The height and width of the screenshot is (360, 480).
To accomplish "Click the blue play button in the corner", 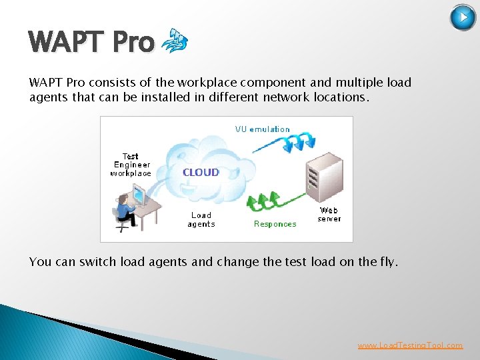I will pyautogui.click(x=463, y=17).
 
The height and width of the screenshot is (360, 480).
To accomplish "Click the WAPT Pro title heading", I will pyautogui.click(x=92, y=43).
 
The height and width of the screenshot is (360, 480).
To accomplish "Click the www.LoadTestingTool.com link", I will pyautogui.click(x=410, y=345).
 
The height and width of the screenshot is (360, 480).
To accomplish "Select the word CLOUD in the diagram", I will pyautogui.click(x=201, y=172).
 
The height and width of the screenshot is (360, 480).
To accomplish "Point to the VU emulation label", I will pyautogui.click(x=262, y=129).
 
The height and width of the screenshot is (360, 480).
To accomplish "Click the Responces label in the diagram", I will pyautogui.click(x=275, y=224).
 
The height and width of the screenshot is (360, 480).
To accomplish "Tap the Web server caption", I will pyautogui.click(x=329, y=215).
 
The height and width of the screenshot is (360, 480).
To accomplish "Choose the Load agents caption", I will pyautogui.click(x=201, y=219).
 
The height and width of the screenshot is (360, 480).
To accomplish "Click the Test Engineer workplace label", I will pyautogui.click(x=131, y=165).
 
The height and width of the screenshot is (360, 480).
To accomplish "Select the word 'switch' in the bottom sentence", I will pyautogui.click(x=98, y=262).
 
